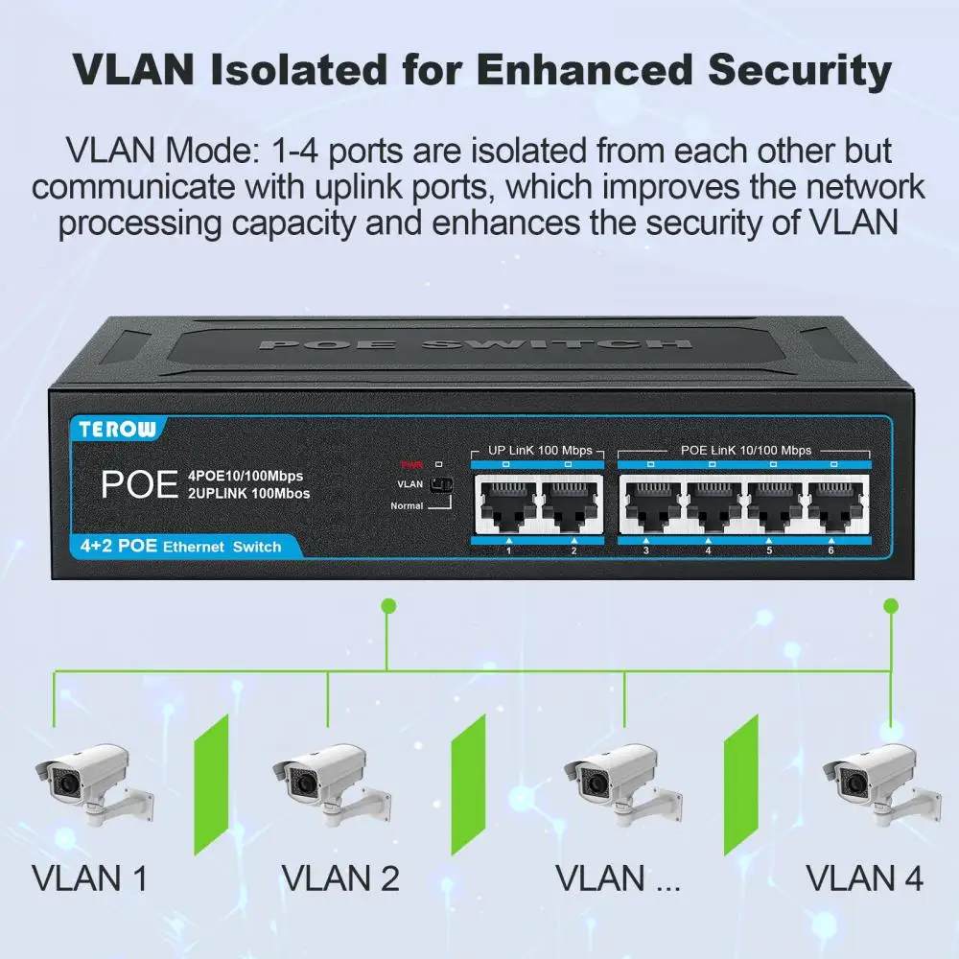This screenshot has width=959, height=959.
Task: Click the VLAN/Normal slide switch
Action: (440, 485)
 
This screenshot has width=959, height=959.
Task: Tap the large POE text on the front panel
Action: (140, 483)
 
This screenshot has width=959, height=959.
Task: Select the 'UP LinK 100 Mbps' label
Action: (540, 450)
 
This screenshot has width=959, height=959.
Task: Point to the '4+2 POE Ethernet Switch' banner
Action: (176, 547)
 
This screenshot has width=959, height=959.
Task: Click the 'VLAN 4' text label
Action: (864, 877)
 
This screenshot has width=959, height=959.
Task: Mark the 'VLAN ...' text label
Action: (618, 877)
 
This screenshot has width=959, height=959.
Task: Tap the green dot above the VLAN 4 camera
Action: (890, 605)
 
